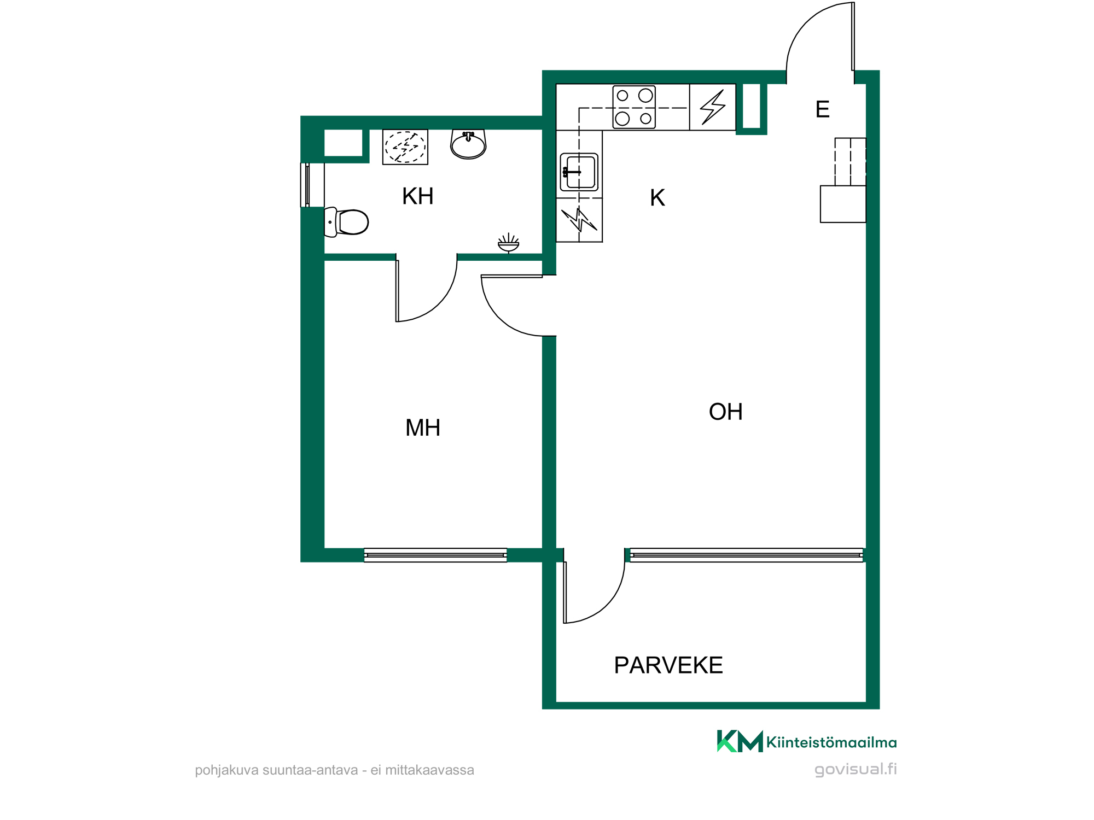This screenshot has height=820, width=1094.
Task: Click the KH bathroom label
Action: click(418, 196)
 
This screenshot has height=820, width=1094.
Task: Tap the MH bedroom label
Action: click(423, 427)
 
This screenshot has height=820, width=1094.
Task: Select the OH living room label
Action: click(726, 412)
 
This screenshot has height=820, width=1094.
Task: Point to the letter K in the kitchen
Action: click(657, 198)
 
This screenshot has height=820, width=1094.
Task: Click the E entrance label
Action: click(822, 109)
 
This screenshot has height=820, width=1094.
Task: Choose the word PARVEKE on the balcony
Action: click(668, 665)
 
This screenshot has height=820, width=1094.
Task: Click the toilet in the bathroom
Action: click(346, 222)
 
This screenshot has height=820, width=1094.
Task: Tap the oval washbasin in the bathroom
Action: click(468, 144)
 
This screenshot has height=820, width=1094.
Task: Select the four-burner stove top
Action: click(634, 107)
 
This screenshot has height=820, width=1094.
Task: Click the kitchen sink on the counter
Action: click(579, 172)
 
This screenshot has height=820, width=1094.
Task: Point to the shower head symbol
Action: click(508, 243)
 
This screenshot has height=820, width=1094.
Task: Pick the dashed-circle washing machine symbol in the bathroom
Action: click(405, 147)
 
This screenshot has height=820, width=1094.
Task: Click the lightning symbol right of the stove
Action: click(713, 107)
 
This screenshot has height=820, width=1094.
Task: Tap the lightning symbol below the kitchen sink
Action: click(579, 220)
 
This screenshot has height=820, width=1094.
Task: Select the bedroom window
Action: click(435, 555)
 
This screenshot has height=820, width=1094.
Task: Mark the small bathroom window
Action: click(307, 185)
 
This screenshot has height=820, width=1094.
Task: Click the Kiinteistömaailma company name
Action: click(831, 742)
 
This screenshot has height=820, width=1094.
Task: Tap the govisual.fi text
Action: click(856, 769)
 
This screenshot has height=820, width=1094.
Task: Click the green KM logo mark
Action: click(740, 741)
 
